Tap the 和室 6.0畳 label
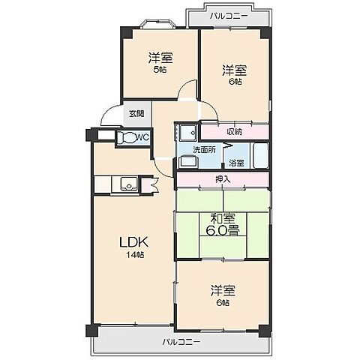pyautogui.click(x=223, y=224)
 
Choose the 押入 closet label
pyautogui.click(x=223, y=179)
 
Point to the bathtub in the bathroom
pyautogui.click(x=258, y=157)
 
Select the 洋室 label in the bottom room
pyautogui.click(x=223, y=290)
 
